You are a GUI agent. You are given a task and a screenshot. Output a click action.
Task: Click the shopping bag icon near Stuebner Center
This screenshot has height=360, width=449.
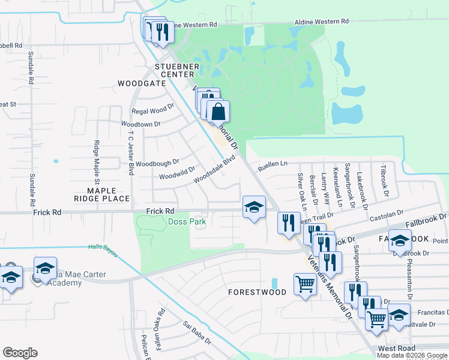[218, 111]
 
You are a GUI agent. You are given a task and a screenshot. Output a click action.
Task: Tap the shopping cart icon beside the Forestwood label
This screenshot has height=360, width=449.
[305, 283]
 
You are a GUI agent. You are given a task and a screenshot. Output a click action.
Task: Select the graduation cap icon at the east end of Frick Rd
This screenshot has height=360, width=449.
[254, 208]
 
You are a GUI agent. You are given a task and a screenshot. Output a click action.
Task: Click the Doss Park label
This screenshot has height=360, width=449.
[187, 222]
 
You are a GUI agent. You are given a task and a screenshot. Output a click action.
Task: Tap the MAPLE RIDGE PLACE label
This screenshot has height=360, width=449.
[101, 193]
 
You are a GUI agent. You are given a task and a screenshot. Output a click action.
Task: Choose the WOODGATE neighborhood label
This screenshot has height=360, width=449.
[142, 83]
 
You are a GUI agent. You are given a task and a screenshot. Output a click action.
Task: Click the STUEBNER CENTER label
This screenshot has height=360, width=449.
[176, 70]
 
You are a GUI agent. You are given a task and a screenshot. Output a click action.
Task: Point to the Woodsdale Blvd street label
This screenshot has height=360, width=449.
[214, 170]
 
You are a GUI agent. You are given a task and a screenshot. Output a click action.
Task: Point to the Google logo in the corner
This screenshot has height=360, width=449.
[20, 353]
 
